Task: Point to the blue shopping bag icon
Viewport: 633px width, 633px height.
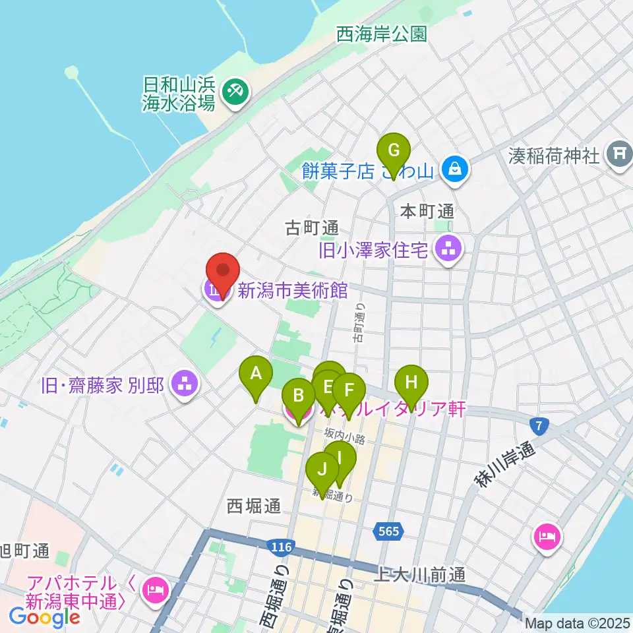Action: [456, 170]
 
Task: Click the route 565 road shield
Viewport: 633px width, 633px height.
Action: [389, 530]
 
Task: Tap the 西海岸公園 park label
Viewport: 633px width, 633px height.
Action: [382, 34]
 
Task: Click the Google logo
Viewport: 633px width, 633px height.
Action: [45, 617]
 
